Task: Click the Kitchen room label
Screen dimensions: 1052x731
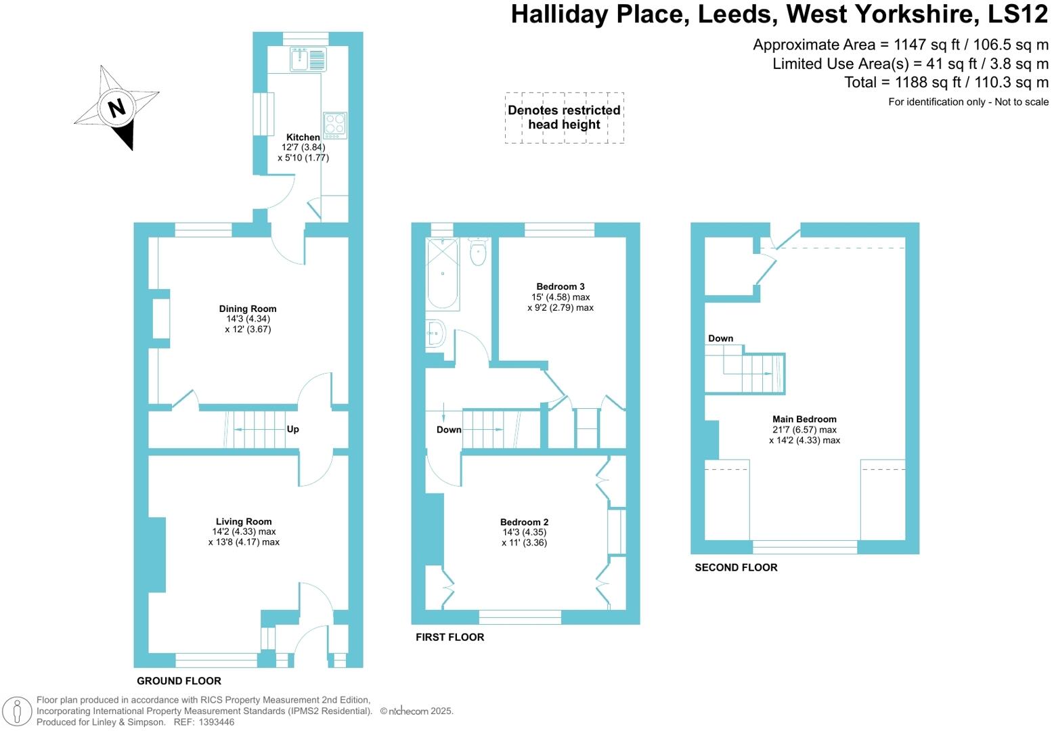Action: point(303,137)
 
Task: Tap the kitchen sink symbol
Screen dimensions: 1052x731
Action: point(308,60)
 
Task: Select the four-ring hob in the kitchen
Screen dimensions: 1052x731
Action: point(334,125)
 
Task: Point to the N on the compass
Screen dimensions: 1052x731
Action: point(117,108)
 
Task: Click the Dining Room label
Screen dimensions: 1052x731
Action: point(248,309)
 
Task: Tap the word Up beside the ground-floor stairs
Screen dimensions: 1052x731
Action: point(292,429)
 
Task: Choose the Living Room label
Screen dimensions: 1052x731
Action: point(244,521)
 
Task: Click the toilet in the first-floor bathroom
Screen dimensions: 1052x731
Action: point(478,252)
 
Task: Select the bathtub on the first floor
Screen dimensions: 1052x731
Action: point(443,274)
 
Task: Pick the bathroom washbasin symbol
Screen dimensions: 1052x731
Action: point(435,333)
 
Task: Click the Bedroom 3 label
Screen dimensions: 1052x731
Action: point(561,286)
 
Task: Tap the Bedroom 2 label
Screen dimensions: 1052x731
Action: point(525,522)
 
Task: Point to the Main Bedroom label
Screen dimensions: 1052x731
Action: point(804,419)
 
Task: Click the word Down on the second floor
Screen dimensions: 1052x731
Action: point(720,338)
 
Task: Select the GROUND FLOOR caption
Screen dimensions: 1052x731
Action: point(179,681)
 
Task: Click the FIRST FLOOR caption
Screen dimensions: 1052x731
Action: point(450,637)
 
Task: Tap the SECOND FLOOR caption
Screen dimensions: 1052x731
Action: point(736,567)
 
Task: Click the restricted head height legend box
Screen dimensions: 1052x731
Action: point(564,117)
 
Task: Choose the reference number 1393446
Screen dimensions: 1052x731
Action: point(214,722)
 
